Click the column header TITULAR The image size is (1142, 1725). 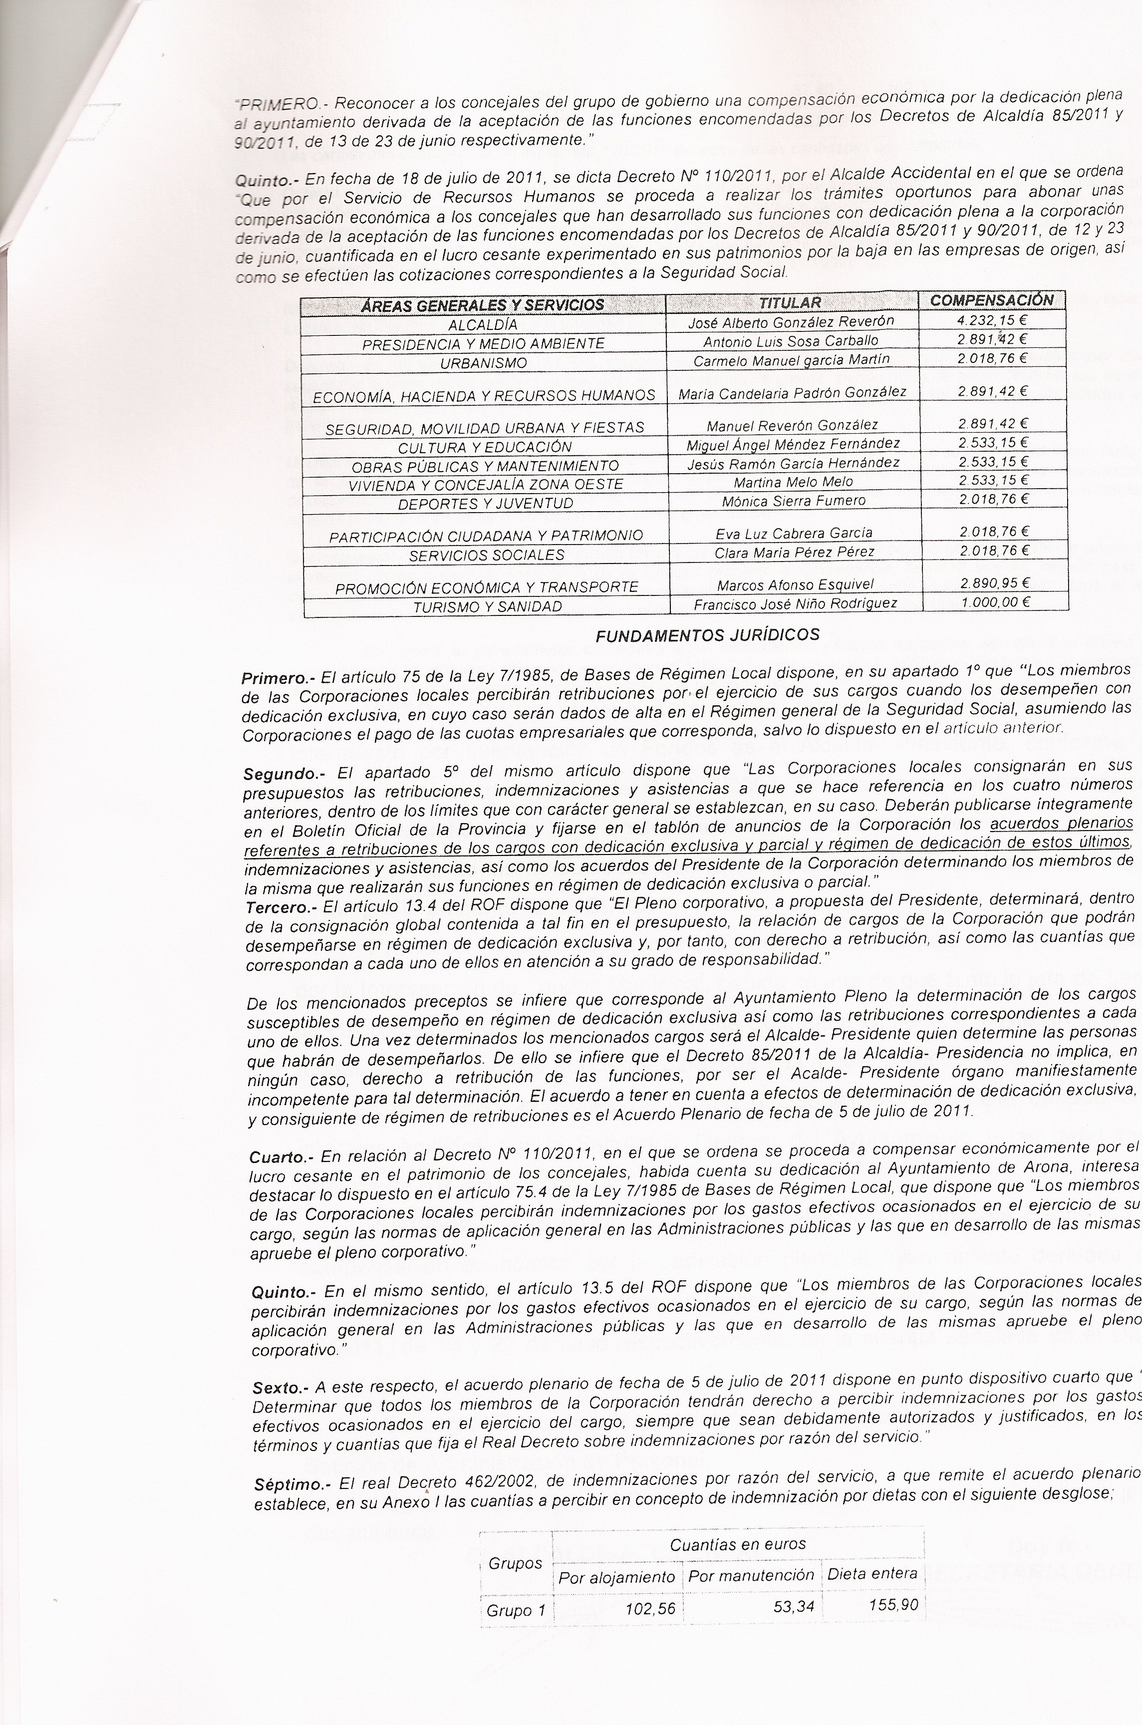[790, 302]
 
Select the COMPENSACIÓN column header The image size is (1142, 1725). [991, 299]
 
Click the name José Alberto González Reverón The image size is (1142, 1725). [791, 322]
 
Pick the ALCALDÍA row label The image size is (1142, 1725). [483, 325]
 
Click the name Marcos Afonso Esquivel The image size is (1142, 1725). [795, 584]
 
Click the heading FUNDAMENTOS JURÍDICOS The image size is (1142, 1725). [707, 635]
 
